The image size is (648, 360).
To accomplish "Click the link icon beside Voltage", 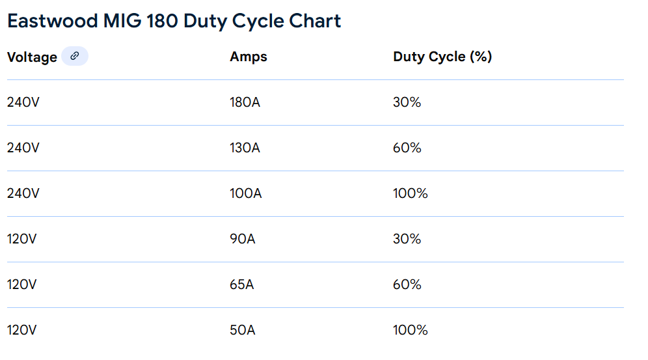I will coord(75,57).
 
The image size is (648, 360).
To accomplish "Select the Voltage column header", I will coord(32,57).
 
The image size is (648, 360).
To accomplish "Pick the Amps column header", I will coord(249,57).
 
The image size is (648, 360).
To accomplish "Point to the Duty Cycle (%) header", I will coord(442,57).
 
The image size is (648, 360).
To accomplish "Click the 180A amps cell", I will coord(245,103).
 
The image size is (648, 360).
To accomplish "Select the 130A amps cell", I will coord(245,148).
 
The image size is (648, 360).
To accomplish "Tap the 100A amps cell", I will coord(245,194).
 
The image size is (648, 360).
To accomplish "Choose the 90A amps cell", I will coord(243,240).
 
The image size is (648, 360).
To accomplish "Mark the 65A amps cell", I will coord(242,285).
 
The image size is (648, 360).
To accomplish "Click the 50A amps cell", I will coord(242,331).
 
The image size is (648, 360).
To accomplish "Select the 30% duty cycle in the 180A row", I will coord(407,103).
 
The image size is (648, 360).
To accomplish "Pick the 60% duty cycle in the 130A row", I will coord(407,148).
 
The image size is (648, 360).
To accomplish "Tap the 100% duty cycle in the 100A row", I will coord(410,194).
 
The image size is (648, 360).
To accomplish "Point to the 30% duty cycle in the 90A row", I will coord(407,240).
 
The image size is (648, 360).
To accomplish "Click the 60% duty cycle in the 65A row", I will coord(407,285).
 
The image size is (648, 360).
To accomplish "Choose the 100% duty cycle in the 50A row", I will coord(410,331).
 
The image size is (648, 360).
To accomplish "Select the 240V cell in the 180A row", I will coord(23,103).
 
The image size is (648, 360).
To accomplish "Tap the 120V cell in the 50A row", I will coord(22,331).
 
